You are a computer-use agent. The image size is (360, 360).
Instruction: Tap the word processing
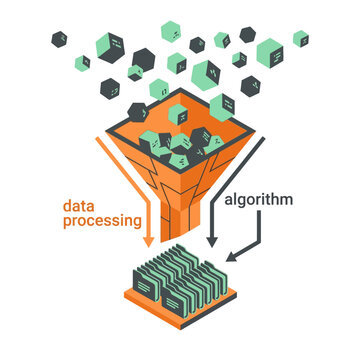101,224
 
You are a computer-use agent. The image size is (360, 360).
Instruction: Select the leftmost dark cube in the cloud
61,39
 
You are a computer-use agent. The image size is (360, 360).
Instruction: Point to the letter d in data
67,205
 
